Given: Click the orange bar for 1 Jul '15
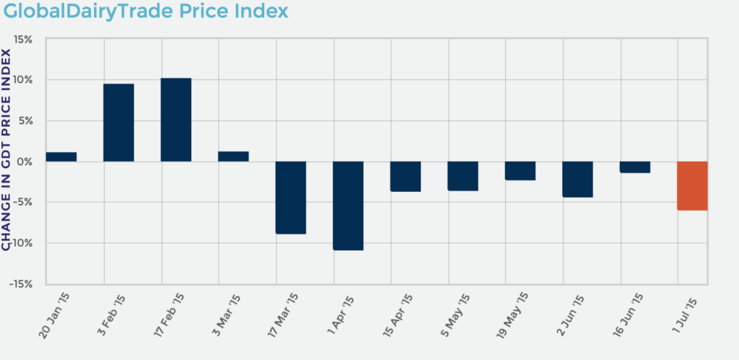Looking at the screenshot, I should tap(692, 185).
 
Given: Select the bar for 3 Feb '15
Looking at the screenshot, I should tap(118, 123).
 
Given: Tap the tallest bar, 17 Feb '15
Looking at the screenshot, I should tap(176, 120).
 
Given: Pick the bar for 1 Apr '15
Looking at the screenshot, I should tap(348, 206).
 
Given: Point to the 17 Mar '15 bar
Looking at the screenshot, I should tap(291, 198).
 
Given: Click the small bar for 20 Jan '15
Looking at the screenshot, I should tap(61, 157).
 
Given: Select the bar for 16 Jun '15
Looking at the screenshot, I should tap(635, 167).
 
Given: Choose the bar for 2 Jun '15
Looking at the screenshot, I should tap(577, 179).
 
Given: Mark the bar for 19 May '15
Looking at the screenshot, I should tap(520, 171).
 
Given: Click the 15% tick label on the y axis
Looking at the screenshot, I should tap(22, 39).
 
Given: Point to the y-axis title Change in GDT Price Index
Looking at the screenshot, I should tap(6, 150).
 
